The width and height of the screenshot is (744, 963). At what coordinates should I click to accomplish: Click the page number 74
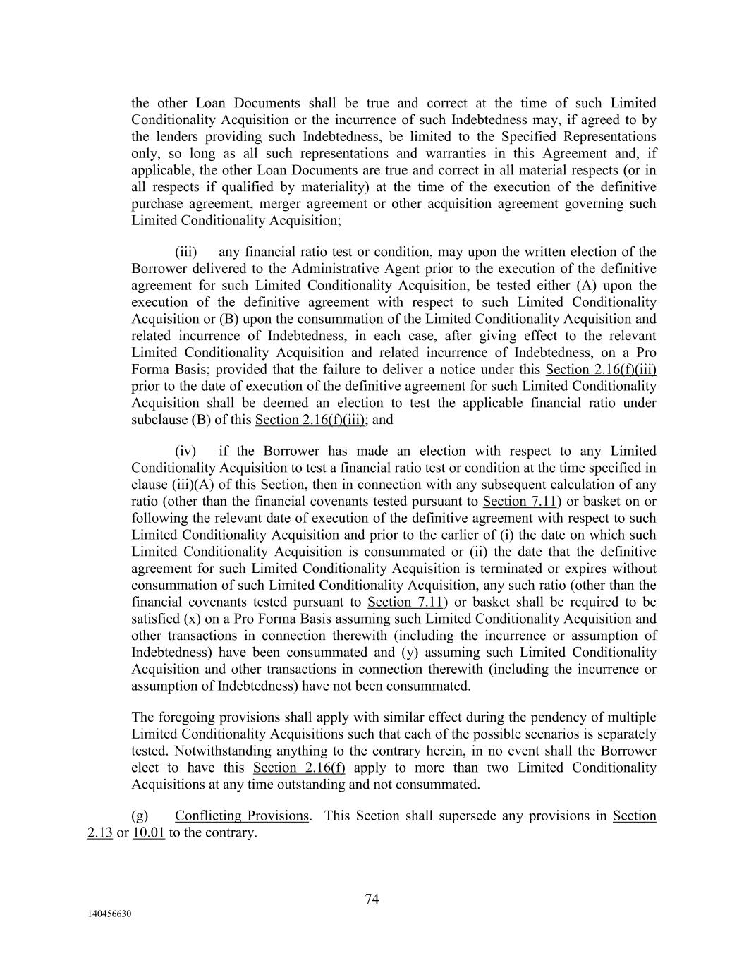pyautogui.click(x=372, y=899)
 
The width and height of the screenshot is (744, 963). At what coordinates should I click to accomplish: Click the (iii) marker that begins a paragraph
pyautogui.click(x=185, y=252)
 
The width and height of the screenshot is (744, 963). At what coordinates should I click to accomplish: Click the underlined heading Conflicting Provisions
pyautogui.click(x=241, y=816)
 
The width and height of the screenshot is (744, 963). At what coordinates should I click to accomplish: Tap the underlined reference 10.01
pyautogui.click(x=148, y=832)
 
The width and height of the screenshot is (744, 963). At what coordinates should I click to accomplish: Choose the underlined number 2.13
pyautogui.click(x=100, y=832)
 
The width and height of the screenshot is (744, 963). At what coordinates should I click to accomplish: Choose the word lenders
pyautogui.click(x=176, y=136)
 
